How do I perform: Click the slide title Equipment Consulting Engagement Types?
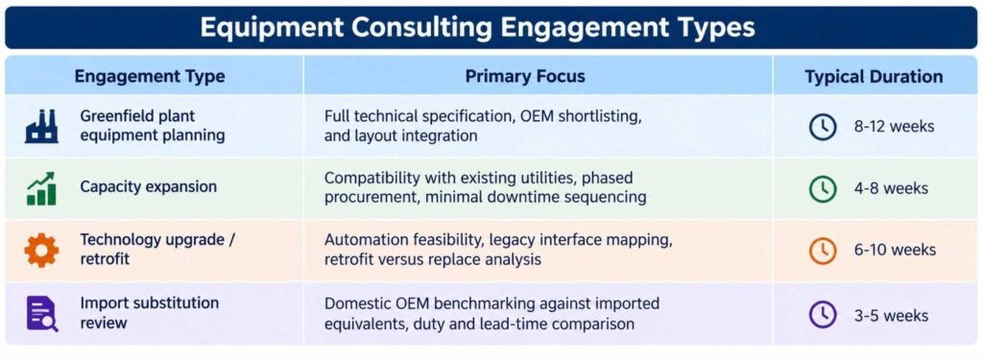click(478, 28)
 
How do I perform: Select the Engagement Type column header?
click(149, 77)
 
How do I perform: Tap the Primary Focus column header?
click(525, 77)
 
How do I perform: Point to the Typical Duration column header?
click(874, 77)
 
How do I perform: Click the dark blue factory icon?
click(41, 126)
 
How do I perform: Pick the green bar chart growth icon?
click(41, 188)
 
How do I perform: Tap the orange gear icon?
click(41, 251)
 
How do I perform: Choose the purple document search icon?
click(41, 313)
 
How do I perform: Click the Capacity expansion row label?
click(148, 187)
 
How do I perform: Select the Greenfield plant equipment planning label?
click(153, 126)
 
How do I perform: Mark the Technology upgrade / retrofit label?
click(157, 249)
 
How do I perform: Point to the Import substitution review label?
click(149, 312)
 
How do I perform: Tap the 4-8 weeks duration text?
click(891, 188)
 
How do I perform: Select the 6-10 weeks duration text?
click(894, 251)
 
